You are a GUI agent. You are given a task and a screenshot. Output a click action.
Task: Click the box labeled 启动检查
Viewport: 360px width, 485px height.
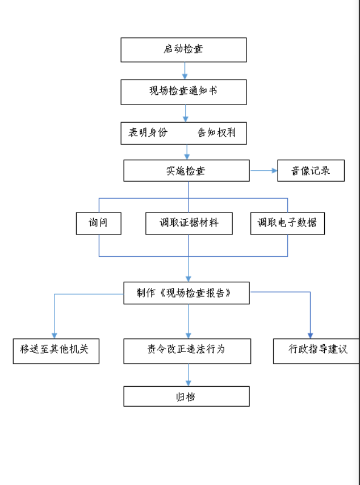click(183, 49)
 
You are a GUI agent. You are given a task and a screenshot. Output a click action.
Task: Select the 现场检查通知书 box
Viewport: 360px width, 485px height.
click(183, 91)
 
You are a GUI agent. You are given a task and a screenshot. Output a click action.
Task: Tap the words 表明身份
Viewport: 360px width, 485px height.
click(148, 133)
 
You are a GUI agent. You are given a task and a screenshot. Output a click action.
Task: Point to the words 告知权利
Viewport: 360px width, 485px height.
click(216, 133)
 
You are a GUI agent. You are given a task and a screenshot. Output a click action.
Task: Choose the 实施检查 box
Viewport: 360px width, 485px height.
click(186, 170)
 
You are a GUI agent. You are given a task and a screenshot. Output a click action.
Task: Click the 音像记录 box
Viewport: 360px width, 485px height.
click(311, 170)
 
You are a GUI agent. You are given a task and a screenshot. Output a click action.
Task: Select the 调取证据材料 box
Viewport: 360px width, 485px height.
click(189, 223)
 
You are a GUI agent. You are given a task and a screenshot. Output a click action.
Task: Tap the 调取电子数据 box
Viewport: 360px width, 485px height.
click(287, 223)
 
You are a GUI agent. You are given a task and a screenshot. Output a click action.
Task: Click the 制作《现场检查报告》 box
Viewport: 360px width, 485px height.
click(186, 293)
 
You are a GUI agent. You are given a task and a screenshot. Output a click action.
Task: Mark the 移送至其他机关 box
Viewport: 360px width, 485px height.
click(56, 350)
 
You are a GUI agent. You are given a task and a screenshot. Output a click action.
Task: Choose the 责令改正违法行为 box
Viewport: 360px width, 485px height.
click(187, 350)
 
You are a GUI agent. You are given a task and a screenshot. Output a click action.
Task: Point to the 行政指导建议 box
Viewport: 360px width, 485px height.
click(316, 350)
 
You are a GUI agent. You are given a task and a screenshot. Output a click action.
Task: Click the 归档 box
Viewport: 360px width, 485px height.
click(186, 396)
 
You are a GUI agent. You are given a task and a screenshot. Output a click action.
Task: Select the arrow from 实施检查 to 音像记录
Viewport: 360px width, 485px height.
click(263, 170)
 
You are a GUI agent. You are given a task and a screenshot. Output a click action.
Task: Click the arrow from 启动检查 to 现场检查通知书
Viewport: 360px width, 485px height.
click(185, 70)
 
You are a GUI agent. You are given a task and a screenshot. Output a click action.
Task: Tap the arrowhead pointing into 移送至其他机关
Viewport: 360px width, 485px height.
click(55, 335)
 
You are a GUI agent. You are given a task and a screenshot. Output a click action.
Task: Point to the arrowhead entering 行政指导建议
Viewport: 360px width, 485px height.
click(310, 335)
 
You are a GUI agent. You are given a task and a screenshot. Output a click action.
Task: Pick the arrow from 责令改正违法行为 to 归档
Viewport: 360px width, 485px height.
click(189, 375)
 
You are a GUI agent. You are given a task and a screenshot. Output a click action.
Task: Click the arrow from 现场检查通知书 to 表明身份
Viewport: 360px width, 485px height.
click(185, 113)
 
